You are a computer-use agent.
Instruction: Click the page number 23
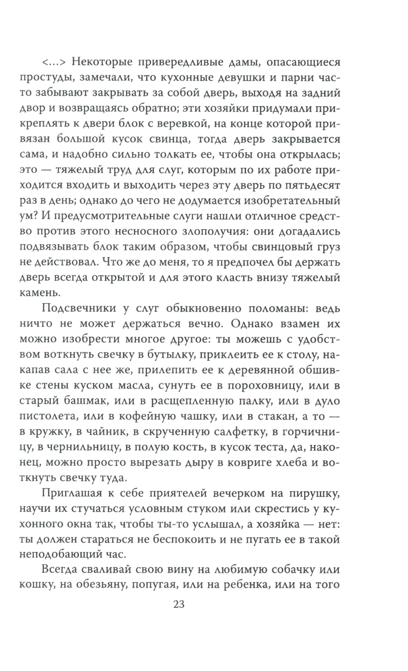(179, 604)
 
